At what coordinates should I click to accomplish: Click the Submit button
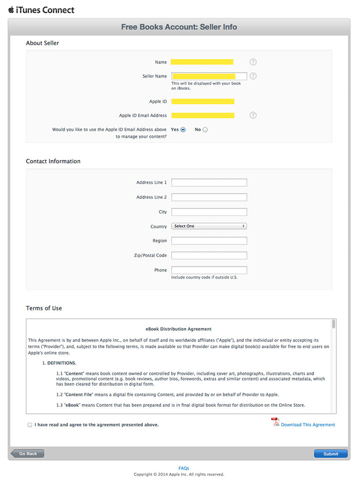pos(330,454)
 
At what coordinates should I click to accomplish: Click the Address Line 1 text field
pos(209,182)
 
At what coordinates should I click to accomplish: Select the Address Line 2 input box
pos(209,197)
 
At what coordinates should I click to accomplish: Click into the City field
pos(209,212)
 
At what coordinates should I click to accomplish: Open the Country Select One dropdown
pos(209,226)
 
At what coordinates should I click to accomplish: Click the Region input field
pos(209,241)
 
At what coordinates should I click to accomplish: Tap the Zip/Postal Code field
pos(209,256)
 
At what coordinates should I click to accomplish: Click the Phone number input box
pos(209,270)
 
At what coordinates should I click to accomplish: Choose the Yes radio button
pos(183,130)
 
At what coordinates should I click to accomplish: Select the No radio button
pos(205,130)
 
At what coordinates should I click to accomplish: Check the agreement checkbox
pos(30,425)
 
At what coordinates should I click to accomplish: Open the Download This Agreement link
pos(307,425)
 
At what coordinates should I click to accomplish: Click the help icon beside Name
pos(253,62)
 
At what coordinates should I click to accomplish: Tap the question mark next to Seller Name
pos(253,76)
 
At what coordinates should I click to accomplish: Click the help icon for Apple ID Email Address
pos(253,115)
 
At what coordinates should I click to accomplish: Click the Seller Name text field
pos(209,76)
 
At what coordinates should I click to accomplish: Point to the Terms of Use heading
pos(44,308)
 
